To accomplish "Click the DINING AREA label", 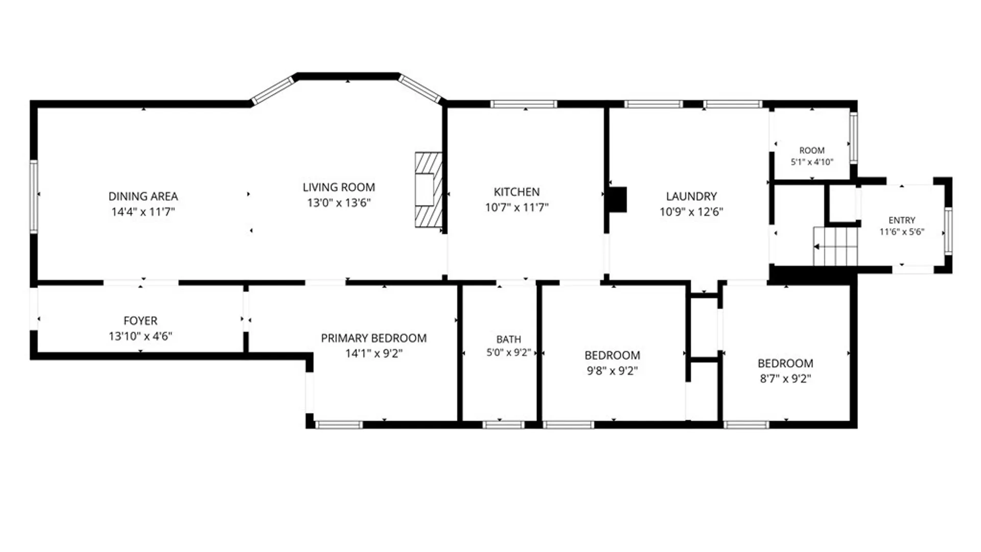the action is coord(143,196).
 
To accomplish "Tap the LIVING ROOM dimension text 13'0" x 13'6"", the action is coord(339,202).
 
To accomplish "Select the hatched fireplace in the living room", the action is coord(428,190).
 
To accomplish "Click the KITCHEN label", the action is coord(517,192).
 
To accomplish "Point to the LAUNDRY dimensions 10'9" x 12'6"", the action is coord(691,212).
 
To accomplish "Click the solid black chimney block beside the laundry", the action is coord(617,199).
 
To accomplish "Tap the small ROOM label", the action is coord(812,150).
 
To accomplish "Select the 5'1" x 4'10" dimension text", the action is coord(812,162).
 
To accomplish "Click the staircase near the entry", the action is coord(836,247).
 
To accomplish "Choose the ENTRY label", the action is coord(902,220).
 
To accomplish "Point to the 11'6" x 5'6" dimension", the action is coord(902,232).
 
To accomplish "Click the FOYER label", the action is coord(141,320).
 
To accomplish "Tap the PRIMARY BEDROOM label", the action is coord(373,338).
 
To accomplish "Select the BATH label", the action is coord(509,339).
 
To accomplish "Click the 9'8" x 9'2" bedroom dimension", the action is coord(612,371).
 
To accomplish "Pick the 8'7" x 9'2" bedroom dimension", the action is coord(785,379).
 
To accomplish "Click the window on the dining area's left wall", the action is coord(34,196).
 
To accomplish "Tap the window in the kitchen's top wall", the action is coord(524,104).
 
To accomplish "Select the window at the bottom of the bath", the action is coord(503,425).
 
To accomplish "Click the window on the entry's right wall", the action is coord(948,231).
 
